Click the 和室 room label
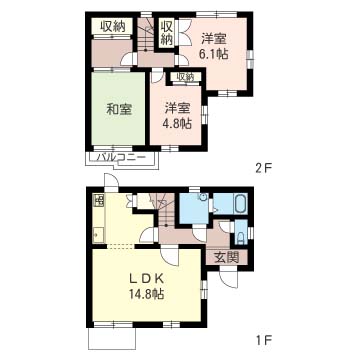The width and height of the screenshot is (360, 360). pos(119,109)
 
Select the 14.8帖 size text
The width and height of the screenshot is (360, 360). pos(147,294)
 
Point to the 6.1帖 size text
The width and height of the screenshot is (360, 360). pos(213,54)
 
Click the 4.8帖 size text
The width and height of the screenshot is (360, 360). pos(177,124)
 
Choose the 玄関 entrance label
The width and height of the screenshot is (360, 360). pos(226,258)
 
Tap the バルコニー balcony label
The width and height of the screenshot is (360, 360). pos(121,157)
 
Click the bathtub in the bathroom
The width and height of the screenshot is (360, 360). pos(241,205)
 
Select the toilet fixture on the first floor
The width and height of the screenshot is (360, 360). pos(241,237)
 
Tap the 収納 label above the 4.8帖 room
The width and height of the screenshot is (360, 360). pos(185,77)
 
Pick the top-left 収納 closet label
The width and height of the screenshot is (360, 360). pos(113,27)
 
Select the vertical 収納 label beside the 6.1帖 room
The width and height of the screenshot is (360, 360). pos(167,33)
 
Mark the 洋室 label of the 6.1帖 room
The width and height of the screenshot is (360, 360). pos(214,39)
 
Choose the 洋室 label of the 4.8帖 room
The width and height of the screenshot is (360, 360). pos(178,109)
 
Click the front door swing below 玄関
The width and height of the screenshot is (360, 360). pos(229,280)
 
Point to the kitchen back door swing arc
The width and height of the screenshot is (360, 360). pos(111,181)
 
